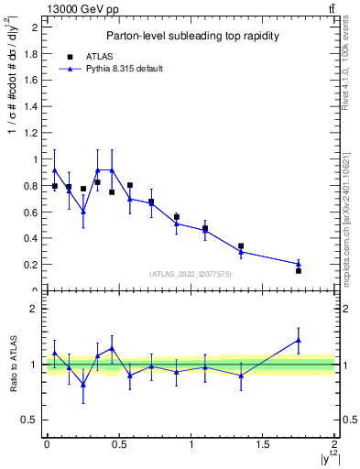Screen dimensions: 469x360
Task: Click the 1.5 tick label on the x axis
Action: coord(263,444)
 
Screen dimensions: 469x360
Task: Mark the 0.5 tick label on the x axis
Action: coord(118,444)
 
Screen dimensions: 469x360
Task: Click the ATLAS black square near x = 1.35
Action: coord(241,246)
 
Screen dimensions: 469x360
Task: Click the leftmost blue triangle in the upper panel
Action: coord(55,169)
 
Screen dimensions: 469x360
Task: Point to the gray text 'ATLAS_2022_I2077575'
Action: coord(190,273)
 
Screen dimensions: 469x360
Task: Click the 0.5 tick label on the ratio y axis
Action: coord(31,420)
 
